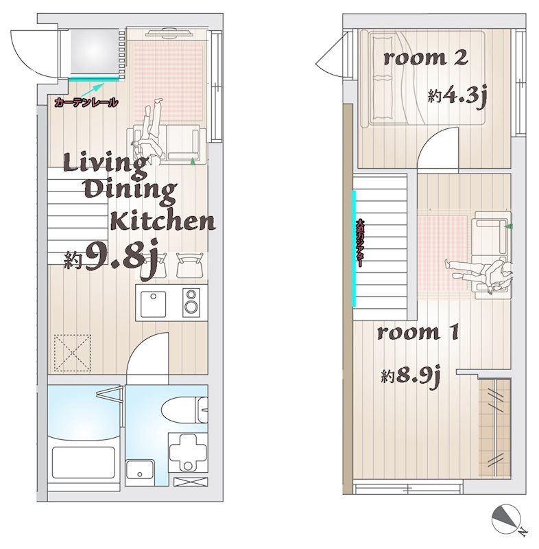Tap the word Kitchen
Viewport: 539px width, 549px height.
pos(163,221)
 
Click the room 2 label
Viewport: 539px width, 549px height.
pos(425,58)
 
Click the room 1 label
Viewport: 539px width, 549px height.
pos(418,334)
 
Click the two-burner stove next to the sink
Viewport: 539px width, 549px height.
pos(191,302)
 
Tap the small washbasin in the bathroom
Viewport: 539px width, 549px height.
pos(141,470)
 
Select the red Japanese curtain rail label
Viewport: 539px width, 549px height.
pos(86,102)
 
